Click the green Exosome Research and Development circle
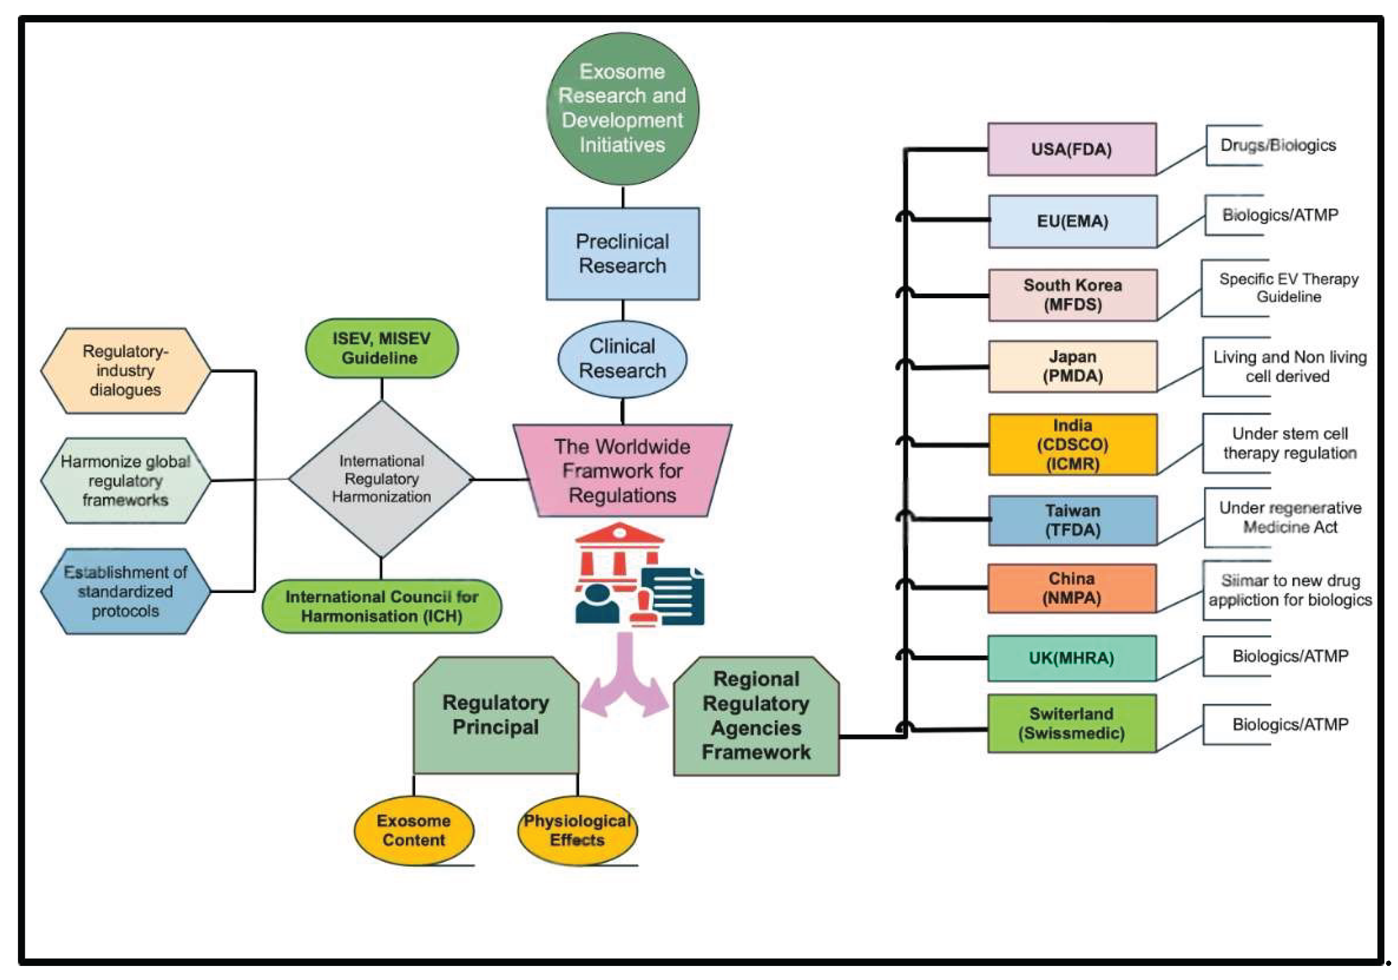[622, 108]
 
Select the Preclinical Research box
[622, 253]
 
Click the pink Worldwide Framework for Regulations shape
[622, 470]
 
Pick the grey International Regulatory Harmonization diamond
[381, 479]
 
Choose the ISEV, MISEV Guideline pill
[381, 348]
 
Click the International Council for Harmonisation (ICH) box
[381, 606]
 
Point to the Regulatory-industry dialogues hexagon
[126, 370]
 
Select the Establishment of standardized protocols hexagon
[126, 591]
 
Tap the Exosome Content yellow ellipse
[414, 830]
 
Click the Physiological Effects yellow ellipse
[577, 830]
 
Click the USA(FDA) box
[1072, 149]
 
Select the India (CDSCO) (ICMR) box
[1072, 444]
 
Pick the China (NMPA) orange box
[1072, 588]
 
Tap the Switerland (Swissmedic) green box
[1072, 723]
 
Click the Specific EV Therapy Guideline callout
[1288, 288]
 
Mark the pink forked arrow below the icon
[626, 682]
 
